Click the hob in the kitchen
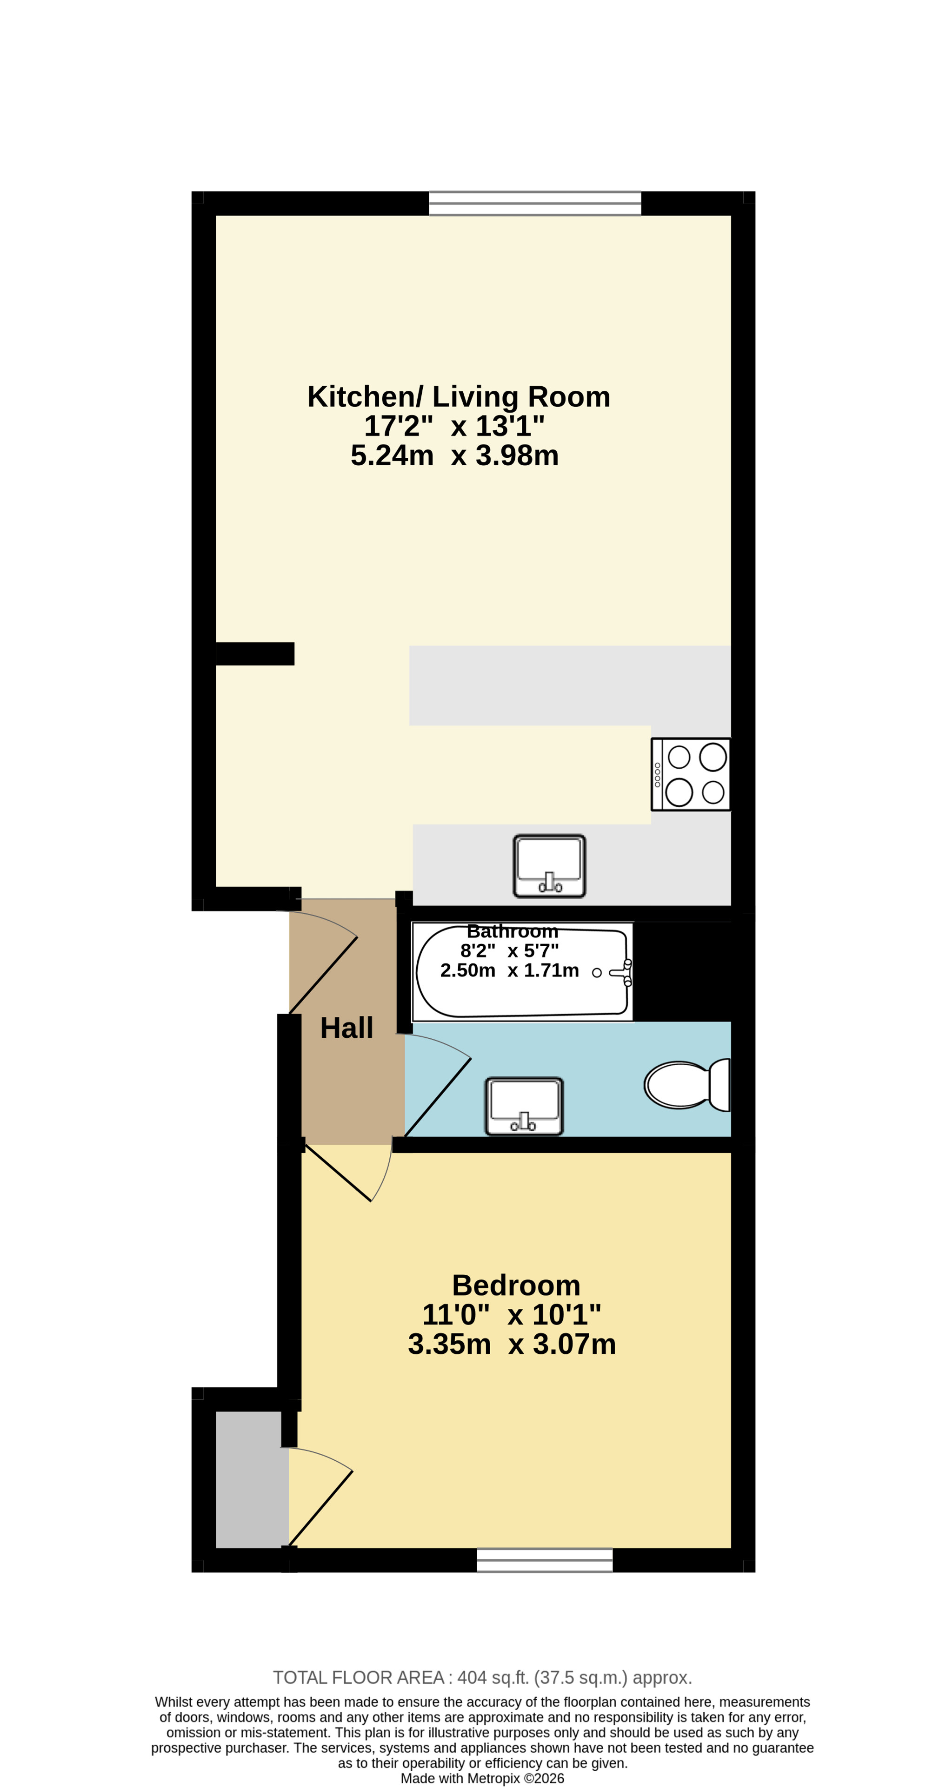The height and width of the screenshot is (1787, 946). point(691,774)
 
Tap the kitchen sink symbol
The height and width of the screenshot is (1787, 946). point(549,866)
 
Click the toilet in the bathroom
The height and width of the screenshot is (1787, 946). point(687,1084)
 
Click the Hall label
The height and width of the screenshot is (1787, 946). point(346,1028)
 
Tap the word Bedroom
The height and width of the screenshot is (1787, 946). point(516,1286)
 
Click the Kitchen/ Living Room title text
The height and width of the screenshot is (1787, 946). point(459,397)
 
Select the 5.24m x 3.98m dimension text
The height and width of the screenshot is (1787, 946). point(454,456)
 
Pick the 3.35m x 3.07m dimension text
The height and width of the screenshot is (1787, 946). point(512,1345)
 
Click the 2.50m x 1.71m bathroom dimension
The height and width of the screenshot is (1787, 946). point(509,970)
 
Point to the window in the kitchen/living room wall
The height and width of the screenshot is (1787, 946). point(535,203)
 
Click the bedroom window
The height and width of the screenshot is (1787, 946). point(545,1560)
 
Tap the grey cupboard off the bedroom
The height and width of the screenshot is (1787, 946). point(252,1480)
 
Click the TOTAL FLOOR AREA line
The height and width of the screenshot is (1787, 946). point(482,1677)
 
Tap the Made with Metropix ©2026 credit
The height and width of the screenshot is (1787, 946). point(482,1778)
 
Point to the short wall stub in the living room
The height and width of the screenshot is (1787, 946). point(255,653)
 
